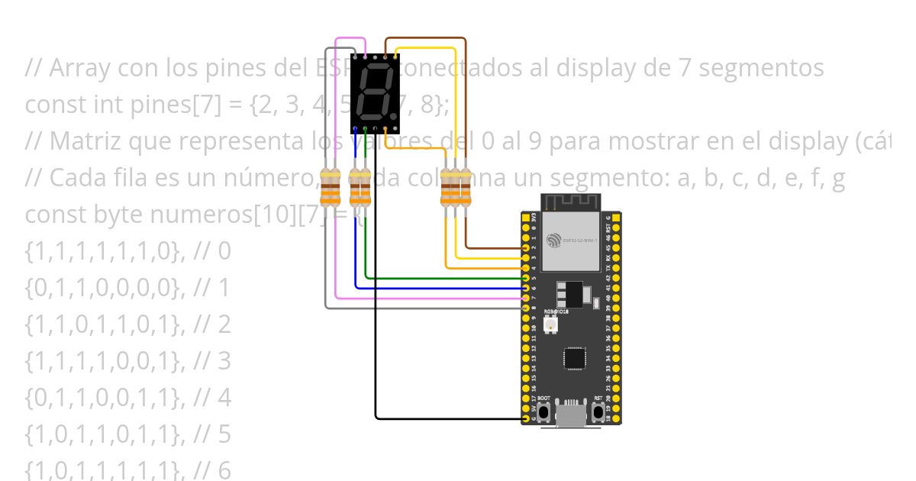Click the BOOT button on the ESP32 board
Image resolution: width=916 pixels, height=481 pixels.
point(543,412)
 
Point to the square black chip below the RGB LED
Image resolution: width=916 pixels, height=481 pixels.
point(575,358)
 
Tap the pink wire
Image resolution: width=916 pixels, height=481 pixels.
point(337,229)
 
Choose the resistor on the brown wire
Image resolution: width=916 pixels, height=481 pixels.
point(466,188)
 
